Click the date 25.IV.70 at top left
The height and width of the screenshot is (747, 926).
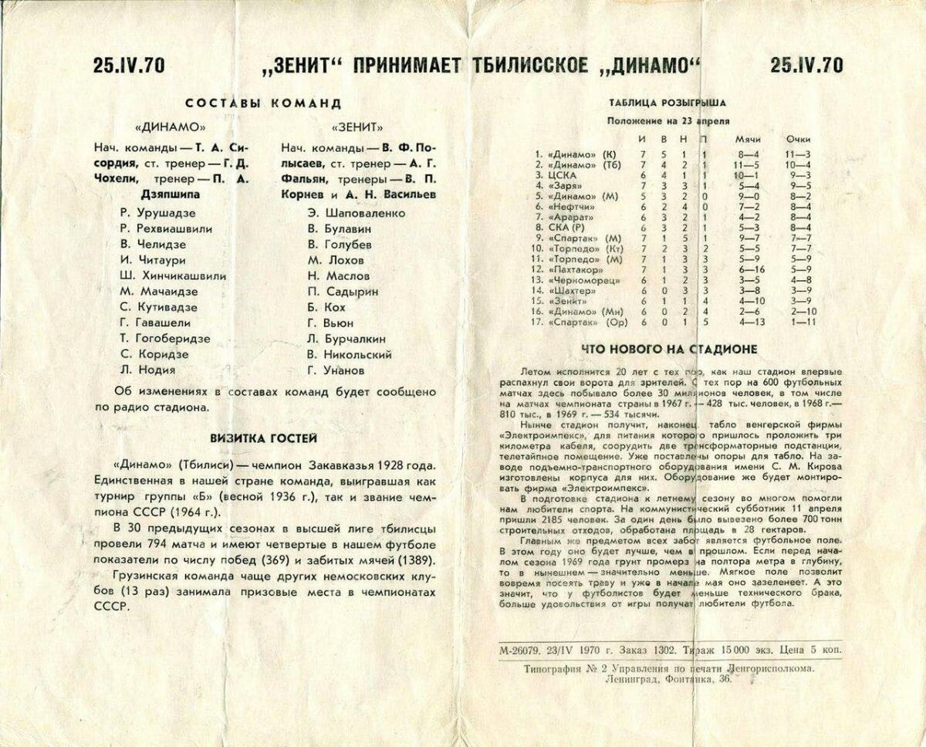(x=129, y=65)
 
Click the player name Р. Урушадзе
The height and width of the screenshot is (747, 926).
(x=157, y=212)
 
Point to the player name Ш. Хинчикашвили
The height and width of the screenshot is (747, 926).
(x=173, y=275)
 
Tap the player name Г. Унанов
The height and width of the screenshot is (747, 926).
(x=336, y=370)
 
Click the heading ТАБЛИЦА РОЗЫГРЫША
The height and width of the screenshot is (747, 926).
(x=667, y=102)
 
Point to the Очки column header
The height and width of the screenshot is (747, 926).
(x=798, y=138)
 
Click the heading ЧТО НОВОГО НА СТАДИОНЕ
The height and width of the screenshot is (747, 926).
(x=668, y=349)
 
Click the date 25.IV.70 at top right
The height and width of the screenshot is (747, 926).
(x=806, y=65)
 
